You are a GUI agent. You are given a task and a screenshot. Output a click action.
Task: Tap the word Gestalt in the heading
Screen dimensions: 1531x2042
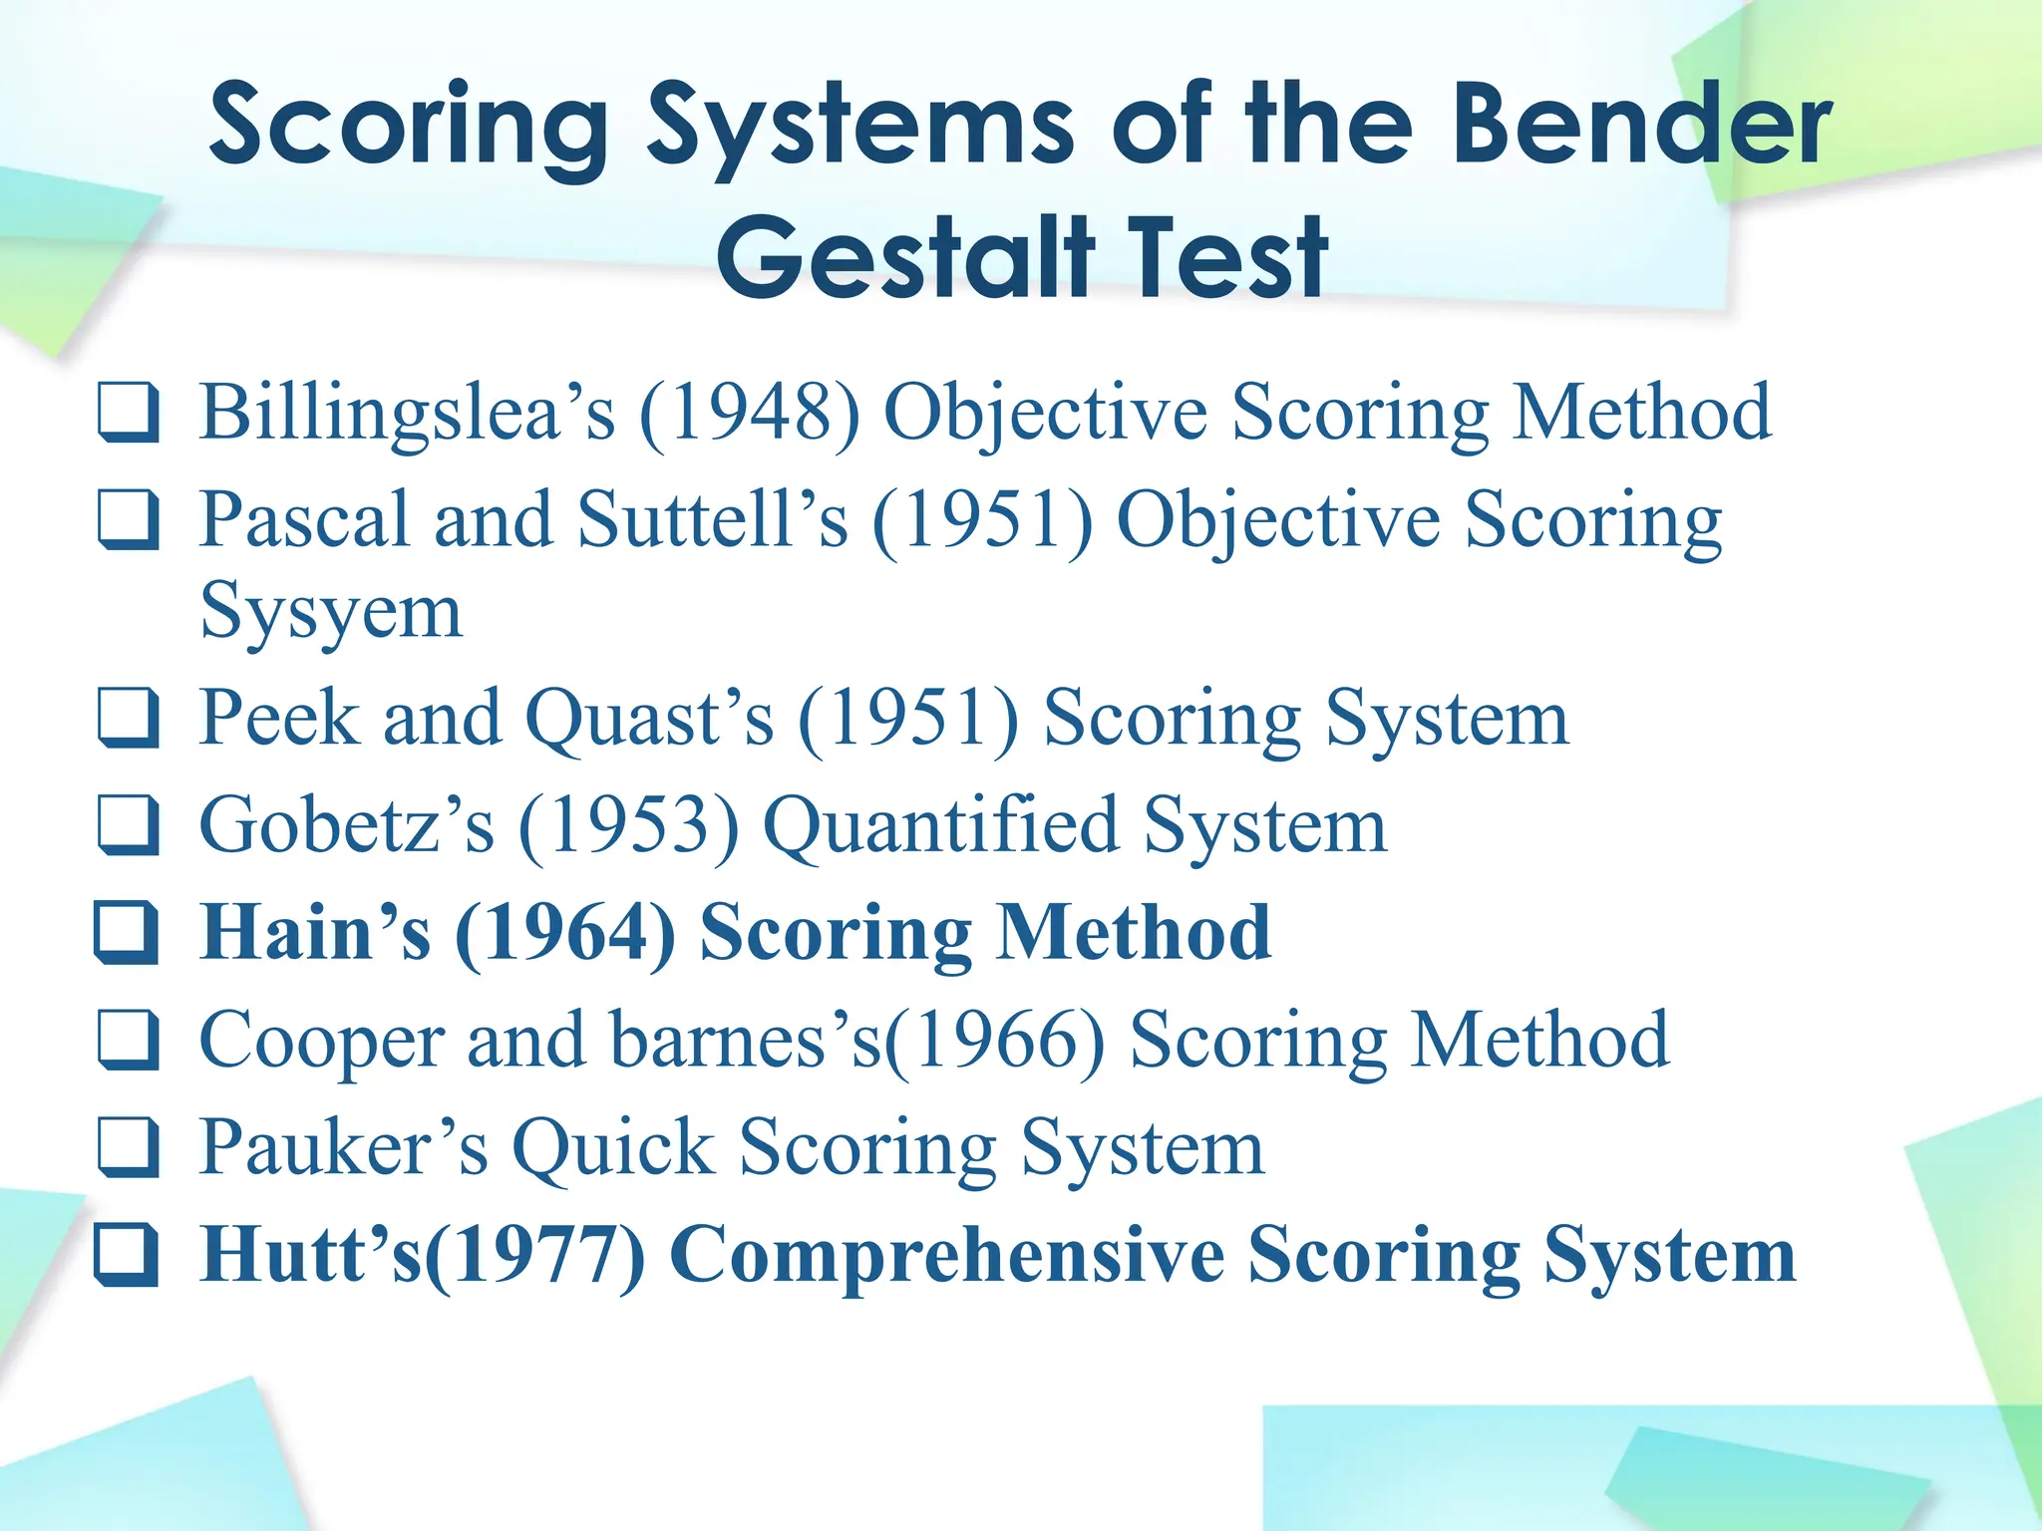coord(904,257)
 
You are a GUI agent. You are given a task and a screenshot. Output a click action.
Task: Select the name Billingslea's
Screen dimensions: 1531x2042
coord(407,412)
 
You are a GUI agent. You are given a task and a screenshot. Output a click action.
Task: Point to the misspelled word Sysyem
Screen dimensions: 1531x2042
coord(331,611)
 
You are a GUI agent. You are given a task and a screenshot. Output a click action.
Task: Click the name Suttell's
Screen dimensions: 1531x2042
coord(713,519)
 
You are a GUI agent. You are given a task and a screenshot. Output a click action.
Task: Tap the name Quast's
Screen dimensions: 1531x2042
coord(649,718)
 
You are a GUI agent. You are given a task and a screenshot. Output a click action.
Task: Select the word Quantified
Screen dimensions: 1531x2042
coord(940,825)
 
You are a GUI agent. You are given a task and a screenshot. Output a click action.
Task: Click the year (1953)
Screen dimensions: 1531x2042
coord(629,825)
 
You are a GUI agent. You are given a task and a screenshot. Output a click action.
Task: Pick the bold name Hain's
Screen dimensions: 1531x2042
coord(315,932)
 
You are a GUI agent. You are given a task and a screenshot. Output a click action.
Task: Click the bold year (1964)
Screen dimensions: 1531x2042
coord(565,932)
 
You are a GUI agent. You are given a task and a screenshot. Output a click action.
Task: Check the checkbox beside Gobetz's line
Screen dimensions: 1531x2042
coord(128,825)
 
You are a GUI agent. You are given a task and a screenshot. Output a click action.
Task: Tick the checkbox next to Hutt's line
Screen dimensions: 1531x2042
coord(126,1255)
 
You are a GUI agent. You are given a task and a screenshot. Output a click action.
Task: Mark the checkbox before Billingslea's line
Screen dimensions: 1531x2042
coord(128,412)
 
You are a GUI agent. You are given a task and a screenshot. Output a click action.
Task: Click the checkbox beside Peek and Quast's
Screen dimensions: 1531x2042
coord(128,718)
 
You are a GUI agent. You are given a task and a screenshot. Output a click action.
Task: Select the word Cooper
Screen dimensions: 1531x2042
coord(321,1040)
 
